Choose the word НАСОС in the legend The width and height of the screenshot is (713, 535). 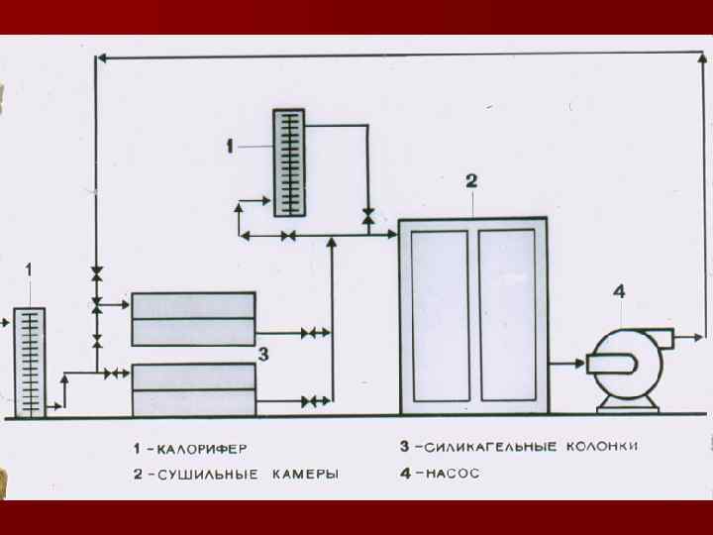tap(454, 474)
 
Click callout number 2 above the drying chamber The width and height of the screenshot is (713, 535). tap(472, 180)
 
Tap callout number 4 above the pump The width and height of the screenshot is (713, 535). tap(619, 291)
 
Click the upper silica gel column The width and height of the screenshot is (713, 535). tap(193, 318)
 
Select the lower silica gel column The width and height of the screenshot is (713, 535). tap(193, 389)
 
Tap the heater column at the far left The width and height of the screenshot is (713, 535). tap(30, 363)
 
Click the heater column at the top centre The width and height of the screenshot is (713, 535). tap(287, 163)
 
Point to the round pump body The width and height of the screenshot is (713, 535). tap(625, 365)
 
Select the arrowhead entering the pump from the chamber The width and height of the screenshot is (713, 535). tap(578, 364)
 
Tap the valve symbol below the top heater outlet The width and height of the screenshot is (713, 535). tap(368, 215)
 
